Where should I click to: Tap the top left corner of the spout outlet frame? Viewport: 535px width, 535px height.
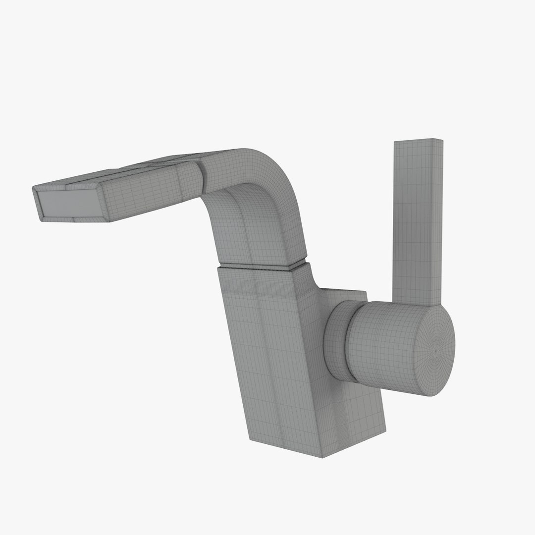pyautogui.click(x=34, y=188)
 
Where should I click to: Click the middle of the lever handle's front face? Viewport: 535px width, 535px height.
pyautogui.click(x=414, y=223)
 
